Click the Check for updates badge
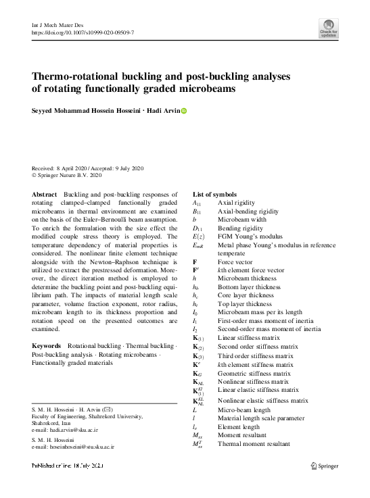[x=329, y=29]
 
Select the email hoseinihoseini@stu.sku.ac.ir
[x=72, y=447]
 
